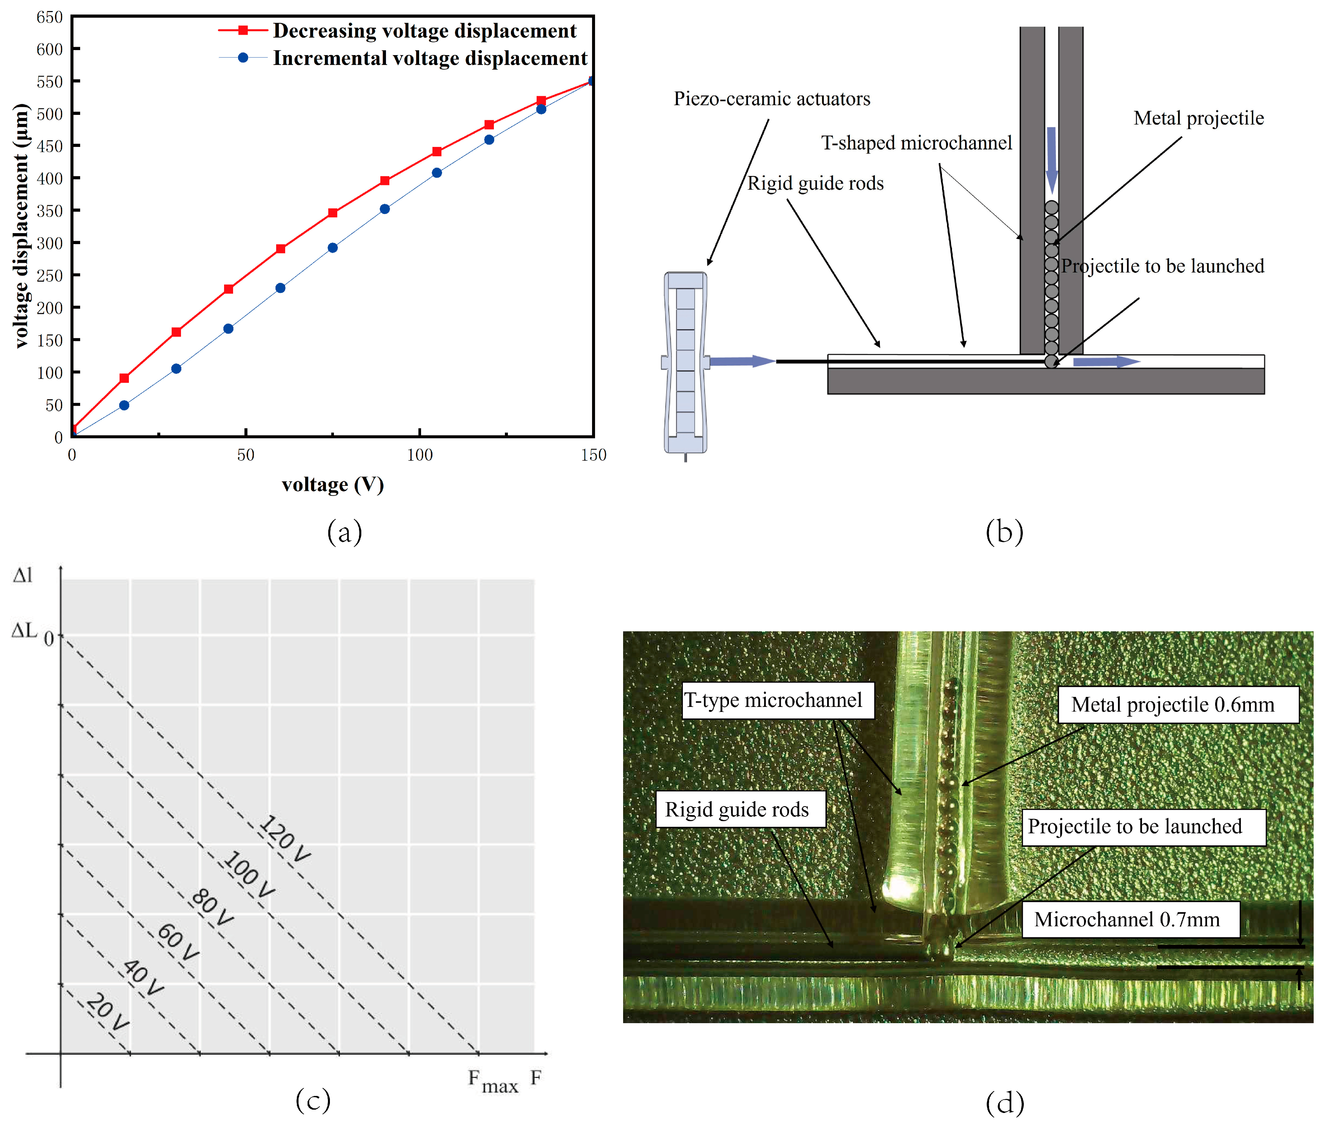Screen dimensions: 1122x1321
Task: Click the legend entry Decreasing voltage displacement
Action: click(424, 30)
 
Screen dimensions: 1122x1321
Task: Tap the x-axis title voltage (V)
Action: click(333, 485)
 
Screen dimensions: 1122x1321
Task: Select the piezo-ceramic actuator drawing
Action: click(685, 363)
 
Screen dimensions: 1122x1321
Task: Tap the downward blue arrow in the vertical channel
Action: click(1051, 159)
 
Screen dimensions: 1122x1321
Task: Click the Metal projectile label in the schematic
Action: click(1198, 118)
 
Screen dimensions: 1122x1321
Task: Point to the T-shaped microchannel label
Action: click(916, 143)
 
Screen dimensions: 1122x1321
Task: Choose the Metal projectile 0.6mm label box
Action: click(1178, 705)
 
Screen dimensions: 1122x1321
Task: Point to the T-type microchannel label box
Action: click(777, 700)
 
